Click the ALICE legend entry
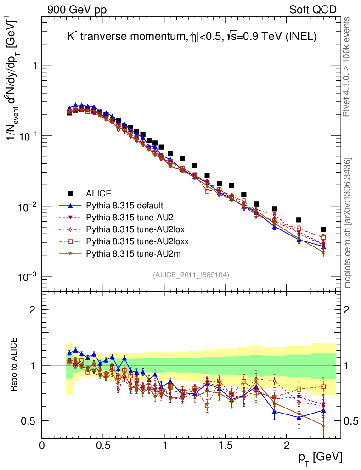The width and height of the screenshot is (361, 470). (x=98, y=193)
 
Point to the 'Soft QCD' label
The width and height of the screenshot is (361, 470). (x=312, y=9)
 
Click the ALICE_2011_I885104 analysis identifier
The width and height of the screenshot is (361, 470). (x=191, y=274)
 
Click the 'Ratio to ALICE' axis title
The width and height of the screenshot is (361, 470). (x=15, y=365)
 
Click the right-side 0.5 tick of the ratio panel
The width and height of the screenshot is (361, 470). (x=350, y=421)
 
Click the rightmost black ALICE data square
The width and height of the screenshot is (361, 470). (x=323, y=229)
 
